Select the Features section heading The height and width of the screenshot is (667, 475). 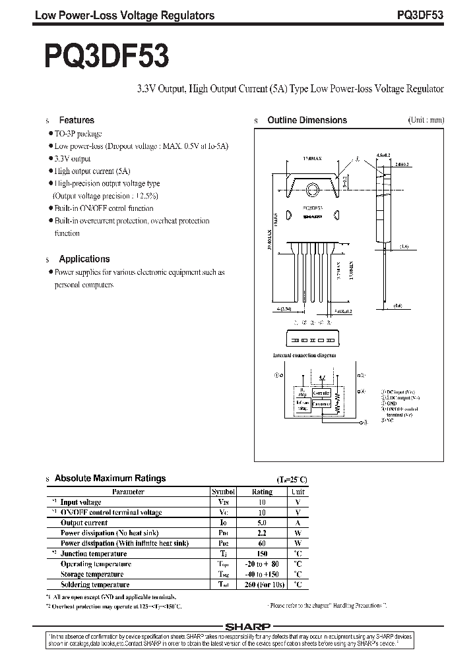click(77, 121)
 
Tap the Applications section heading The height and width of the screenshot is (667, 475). click(84, 259)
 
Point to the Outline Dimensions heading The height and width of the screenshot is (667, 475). click(307, 121)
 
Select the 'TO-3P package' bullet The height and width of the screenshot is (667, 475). click(77, 133)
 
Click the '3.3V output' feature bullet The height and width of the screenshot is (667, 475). click(72, 159)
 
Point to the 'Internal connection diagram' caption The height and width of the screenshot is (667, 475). click(304, 355)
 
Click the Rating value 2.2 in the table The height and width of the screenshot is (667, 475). click(262, 533)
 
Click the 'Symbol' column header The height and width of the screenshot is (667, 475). click(222, 492)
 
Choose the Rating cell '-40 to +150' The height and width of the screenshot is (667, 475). click(262, 574)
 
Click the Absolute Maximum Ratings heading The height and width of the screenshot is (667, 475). click(110, 478)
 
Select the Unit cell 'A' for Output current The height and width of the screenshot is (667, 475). click(298, 523)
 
